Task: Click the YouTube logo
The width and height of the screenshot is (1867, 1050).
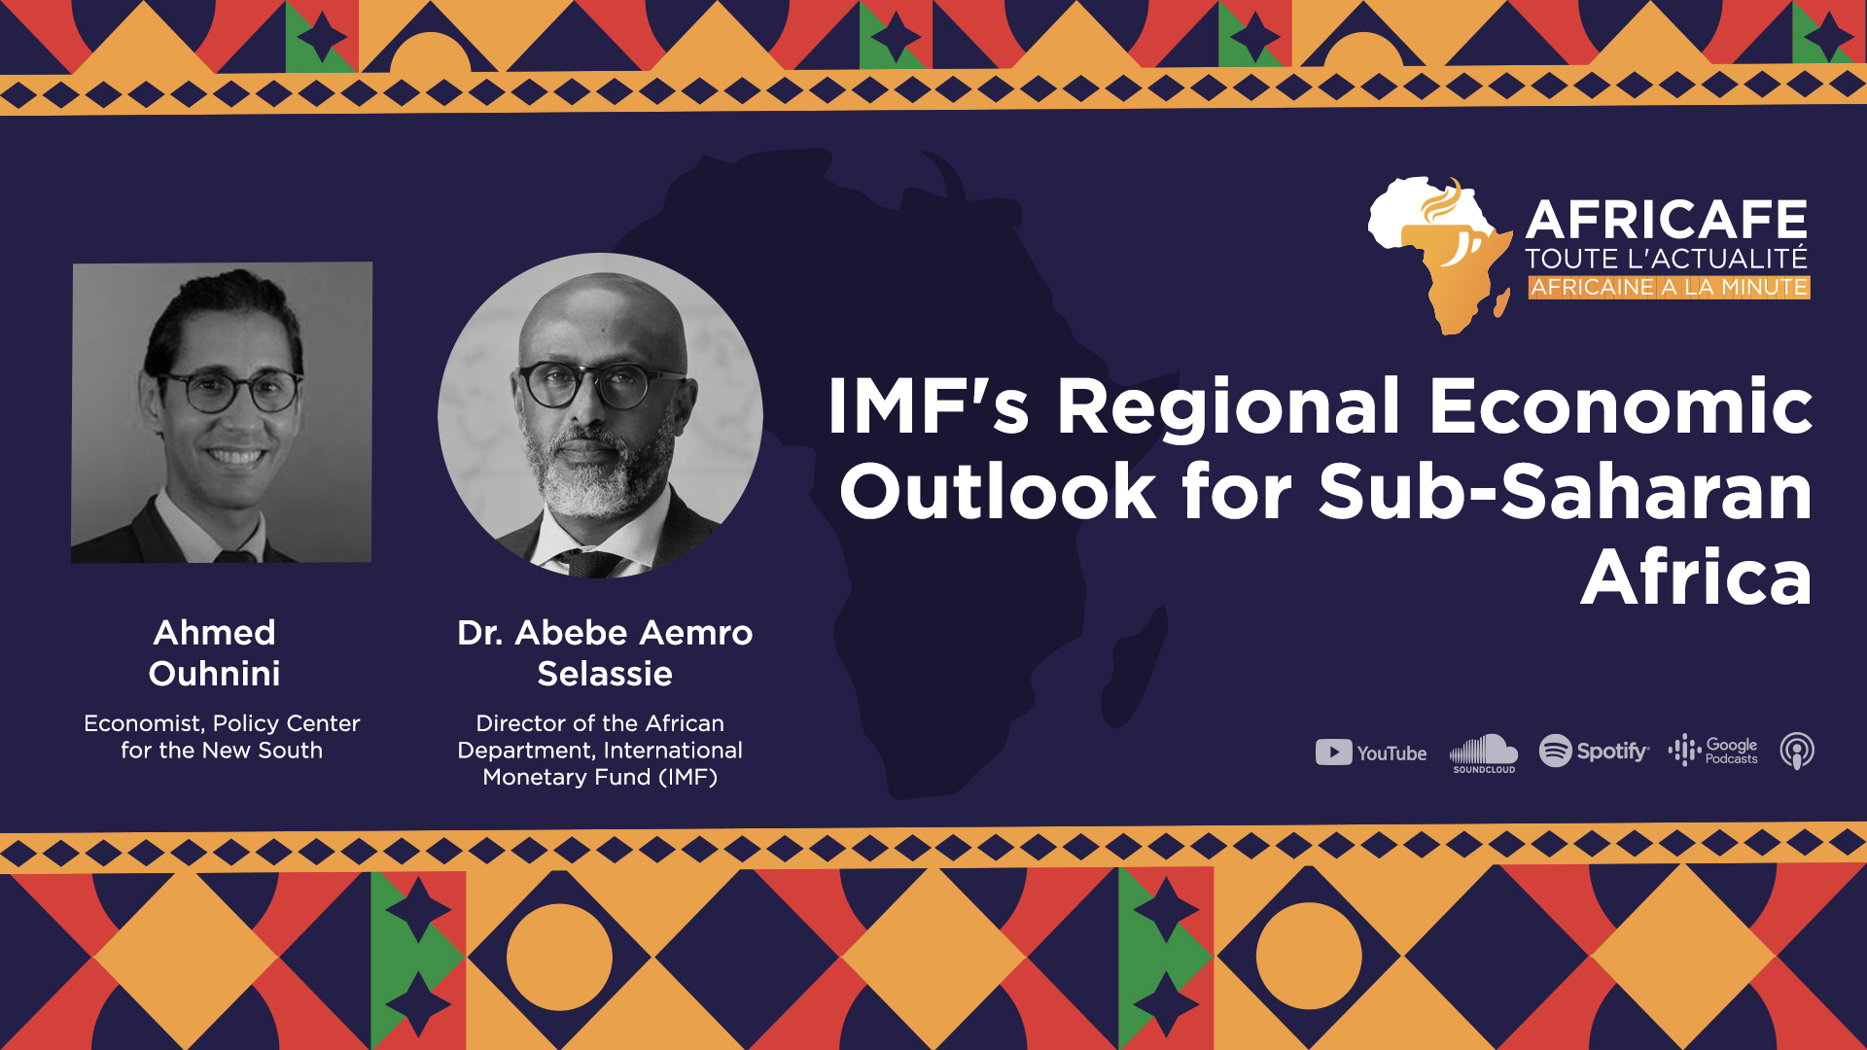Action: point(1371,752)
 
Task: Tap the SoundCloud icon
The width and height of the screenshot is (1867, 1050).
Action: point(1484,753)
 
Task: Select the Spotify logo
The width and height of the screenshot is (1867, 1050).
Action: point(1594,751)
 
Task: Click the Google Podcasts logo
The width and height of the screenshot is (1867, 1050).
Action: point(1712,751)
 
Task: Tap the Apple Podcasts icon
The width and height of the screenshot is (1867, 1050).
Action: point(1797,752)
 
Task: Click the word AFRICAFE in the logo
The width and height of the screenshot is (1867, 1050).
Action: point(1667,220)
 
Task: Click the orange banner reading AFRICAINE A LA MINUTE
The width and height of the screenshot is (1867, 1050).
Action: point(1669,287)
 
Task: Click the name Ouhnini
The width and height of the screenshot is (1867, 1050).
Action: point(214,674)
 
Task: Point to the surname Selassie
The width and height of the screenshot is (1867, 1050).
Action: point(605,674)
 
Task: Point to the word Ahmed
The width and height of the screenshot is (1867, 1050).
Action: point(214,633)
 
